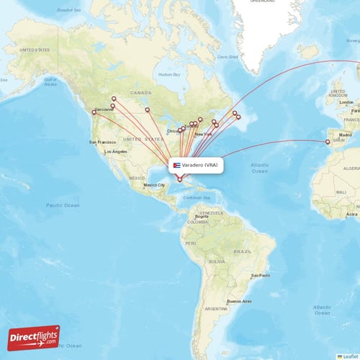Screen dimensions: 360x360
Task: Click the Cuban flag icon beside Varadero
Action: click(x=176, y=165)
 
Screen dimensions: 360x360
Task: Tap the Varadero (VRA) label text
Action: click(x=199, y=165)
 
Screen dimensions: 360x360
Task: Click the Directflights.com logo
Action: click(x=34, y=337)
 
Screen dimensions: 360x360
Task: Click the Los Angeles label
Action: click(x=115, y=152)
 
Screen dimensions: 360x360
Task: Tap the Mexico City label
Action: click(x=155, y=185)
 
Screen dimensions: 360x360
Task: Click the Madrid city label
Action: click(x=346, y=135)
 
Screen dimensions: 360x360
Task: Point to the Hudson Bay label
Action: click(x=169, y=74)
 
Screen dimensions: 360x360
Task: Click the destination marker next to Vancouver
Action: click(x=94, y=112)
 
